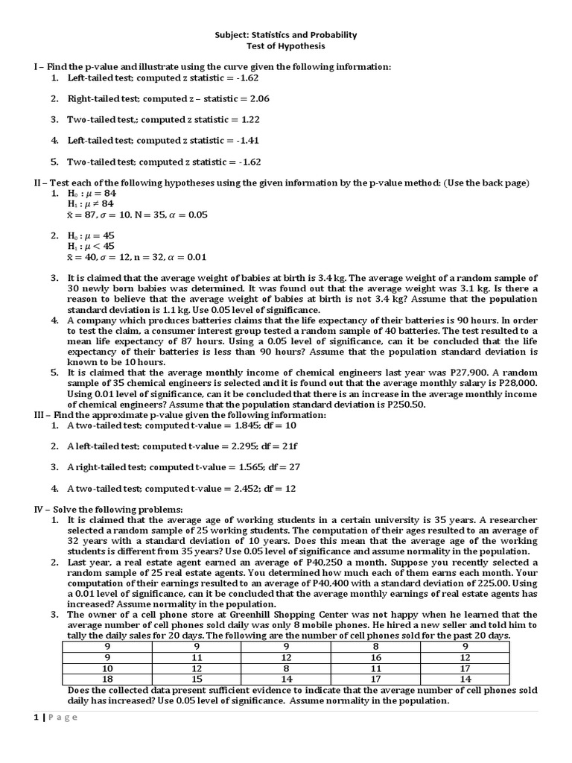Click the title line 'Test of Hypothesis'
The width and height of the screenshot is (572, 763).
(x=286, y=45)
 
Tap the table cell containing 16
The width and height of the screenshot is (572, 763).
(x=375, y=658)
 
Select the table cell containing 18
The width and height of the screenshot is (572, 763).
(x=107, y=679)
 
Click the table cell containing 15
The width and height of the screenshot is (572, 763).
(x=197, y=679)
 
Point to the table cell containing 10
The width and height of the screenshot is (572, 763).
(x=107, y=668)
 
